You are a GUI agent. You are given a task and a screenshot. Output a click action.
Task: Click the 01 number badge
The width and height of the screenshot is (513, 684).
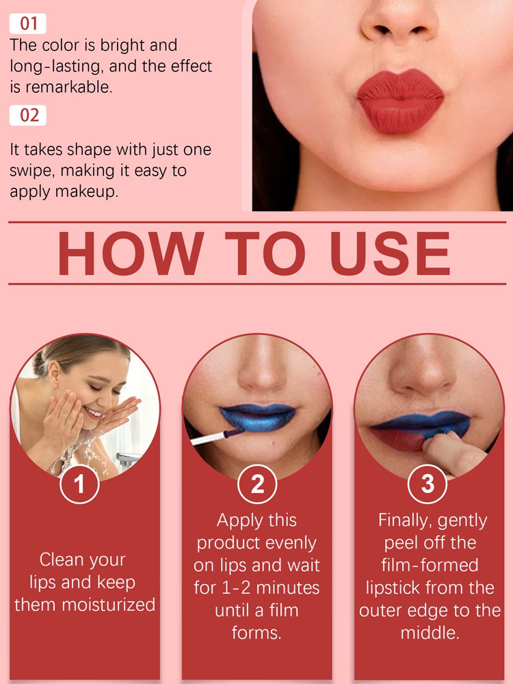click(28, 24)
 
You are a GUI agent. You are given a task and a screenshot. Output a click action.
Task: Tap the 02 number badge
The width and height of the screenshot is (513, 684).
click(29, 115)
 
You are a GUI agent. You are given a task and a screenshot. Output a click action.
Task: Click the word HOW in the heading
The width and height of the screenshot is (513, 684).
click(130, 254)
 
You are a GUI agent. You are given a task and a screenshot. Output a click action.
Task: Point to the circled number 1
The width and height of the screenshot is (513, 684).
click(79, 484)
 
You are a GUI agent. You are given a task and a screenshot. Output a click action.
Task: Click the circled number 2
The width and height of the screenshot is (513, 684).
click(257, 484)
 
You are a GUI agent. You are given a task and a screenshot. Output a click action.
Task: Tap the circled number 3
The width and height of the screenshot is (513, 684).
click(428, 484)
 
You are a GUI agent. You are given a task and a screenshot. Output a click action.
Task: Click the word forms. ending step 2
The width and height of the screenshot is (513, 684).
click(256, 632)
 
